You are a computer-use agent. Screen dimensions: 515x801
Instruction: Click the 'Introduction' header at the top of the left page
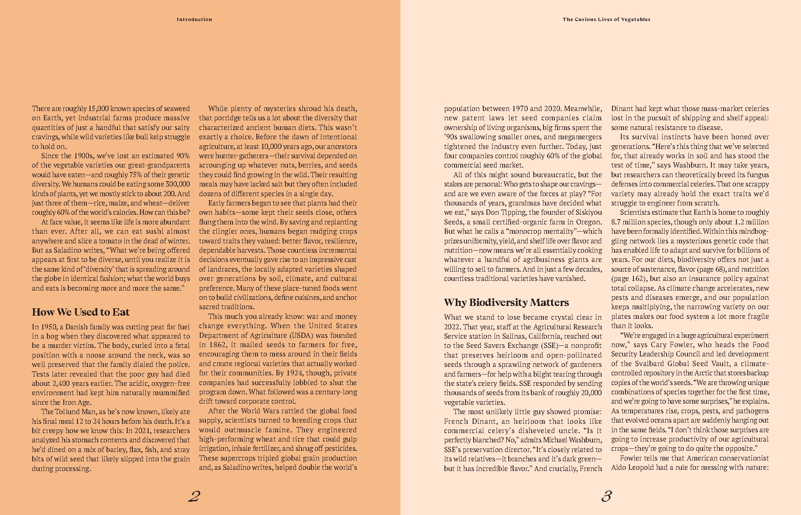[x=194, y=19]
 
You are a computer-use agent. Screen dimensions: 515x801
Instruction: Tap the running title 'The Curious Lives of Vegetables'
[x=606, y=19]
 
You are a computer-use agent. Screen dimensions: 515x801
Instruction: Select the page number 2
[x=194, y=496]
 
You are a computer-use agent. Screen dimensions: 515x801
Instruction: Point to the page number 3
[x=606, y=496]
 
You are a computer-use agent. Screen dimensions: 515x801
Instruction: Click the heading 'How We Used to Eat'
[x=81, y=312]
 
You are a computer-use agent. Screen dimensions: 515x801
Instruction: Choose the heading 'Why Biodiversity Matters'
[x=506, y=302]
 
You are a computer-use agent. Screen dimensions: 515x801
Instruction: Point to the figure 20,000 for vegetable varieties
[x=590, y=393]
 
